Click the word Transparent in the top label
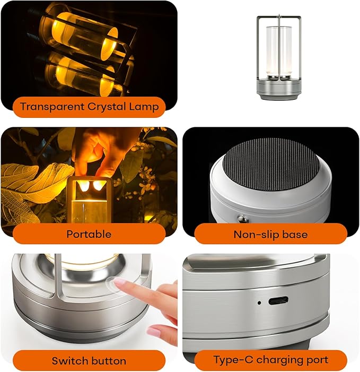coord(50,107)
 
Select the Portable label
coord(89,234)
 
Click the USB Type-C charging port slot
coord(278,301)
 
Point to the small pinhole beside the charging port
coord(259,303)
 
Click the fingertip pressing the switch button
coord(120,284)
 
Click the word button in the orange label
coord(108,361)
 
